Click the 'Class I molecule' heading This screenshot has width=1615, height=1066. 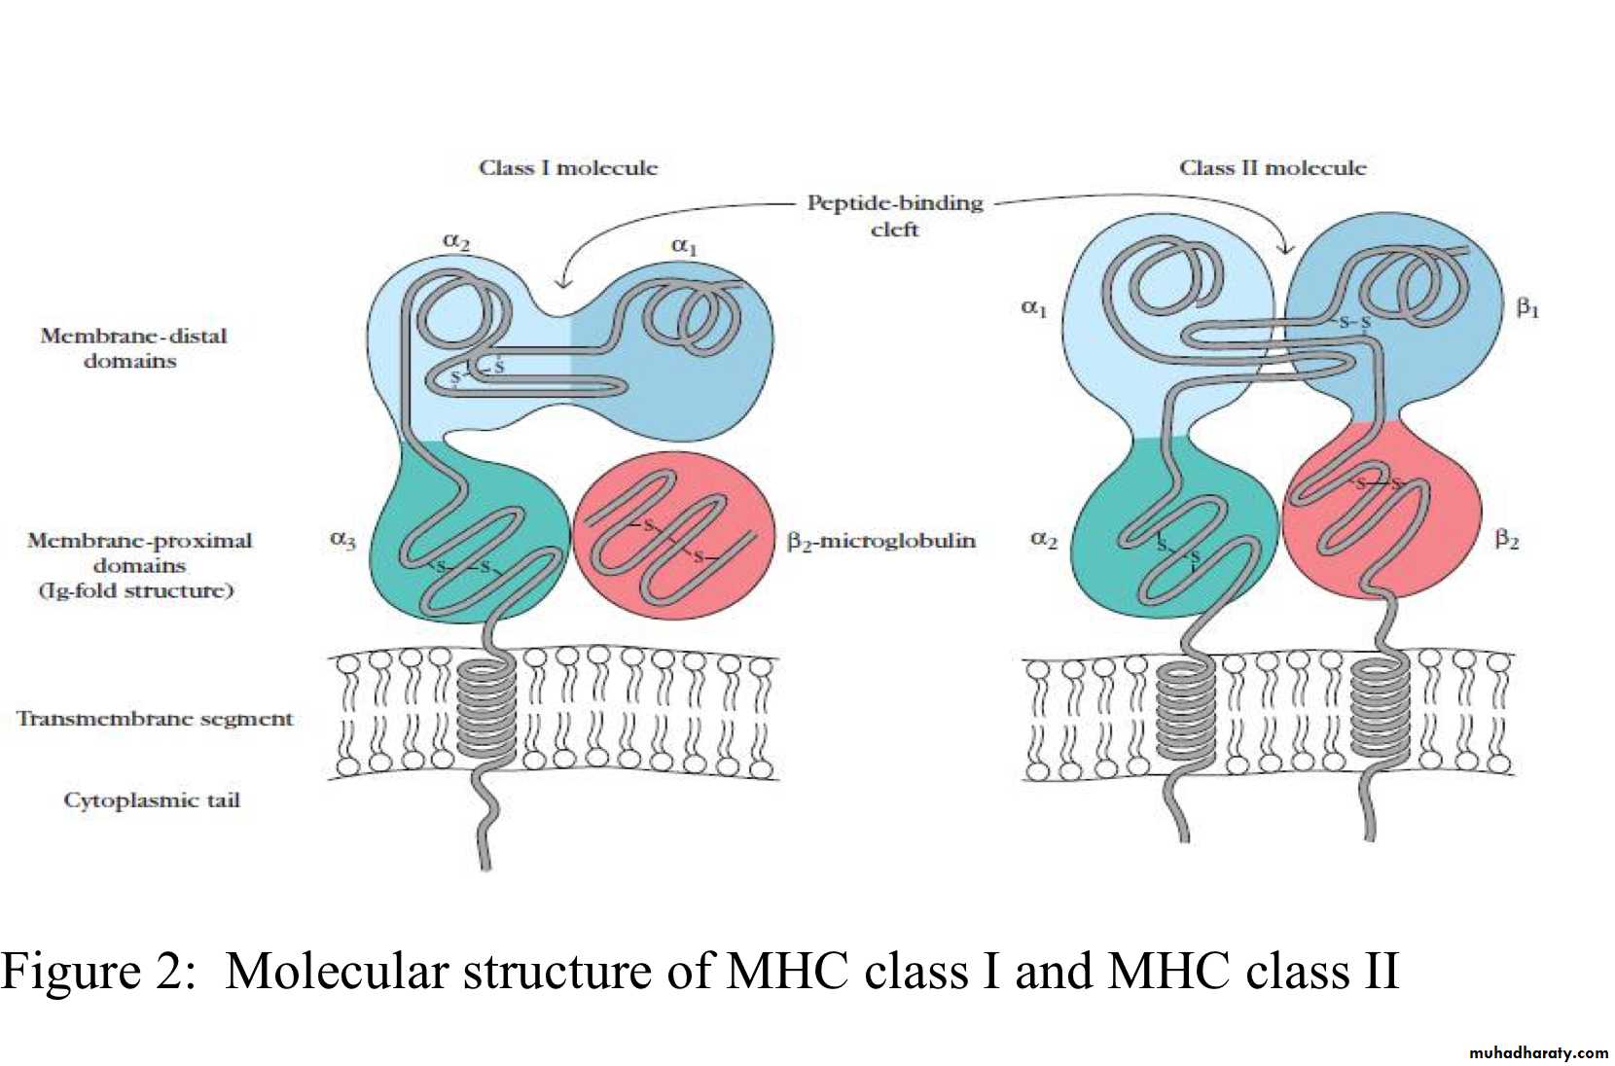pos(568,167)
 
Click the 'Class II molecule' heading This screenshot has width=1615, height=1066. pos(1273,167)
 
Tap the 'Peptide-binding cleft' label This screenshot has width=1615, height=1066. pos(895,215)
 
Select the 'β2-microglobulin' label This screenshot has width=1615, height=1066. pos(881,541)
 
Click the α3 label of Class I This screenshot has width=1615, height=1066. pos(342,539)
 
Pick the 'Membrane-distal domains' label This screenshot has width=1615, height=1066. pos(132,348)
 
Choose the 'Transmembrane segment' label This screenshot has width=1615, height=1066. pos(155,719)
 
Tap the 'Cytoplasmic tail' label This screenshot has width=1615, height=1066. pos(152,800)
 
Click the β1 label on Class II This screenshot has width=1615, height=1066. pos(1527,308)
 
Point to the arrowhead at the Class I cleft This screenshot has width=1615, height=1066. pos(562,284)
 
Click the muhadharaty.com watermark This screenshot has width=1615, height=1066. pos(1538,1052)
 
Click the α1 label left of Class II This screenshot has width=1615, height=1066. pos(1033,308)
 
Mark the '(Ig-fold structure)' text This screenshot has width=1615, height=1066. pos(136,590)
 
